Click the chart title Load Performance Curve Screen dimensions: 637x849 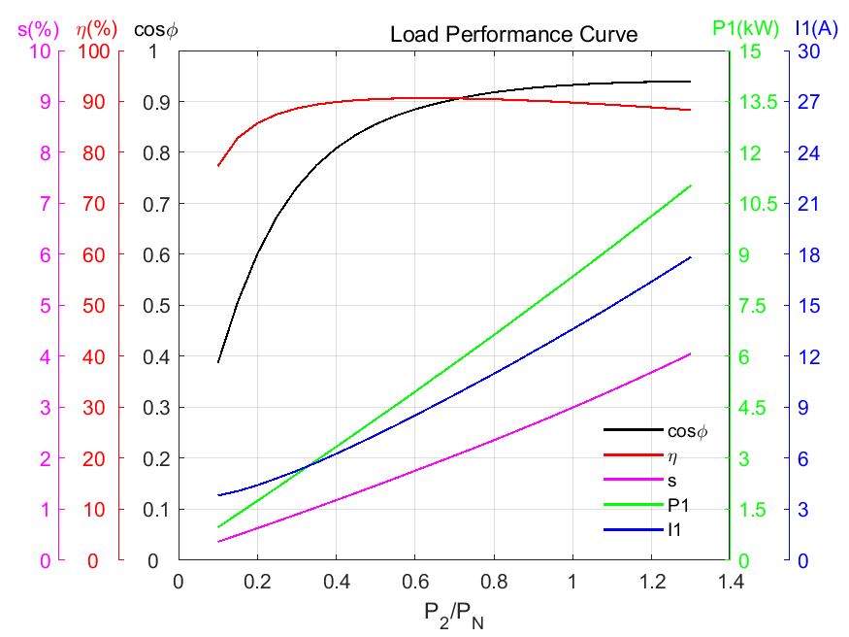[x=513, y=35]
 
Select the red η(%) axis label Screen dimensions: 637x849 [x=97, y=28]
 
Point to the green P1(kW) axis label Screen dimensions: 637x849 [x=745, y=28]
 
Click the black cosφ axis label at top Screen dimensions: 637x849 [x=157, y=29]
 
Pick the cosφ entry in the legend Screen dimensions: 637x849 [x=689, y=429]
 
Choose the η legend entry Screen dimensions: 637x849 [x=672, y=454]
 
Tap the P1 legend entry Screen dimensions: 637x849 [x=678, y=505]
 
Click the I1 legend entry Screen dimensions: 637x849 [x=675, y=530]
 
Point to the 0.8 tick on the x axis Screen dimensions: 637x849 [x=493, y=581]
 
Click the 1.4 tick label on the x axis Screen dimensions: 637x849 [x=730, y=581]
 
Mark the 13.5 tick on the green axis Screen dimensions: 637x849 [x=755, y=102]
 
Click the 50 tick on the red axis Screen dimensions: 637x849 [x=99, y=306]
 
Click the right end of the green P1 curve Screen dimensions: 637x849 [x=690, y=185]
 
